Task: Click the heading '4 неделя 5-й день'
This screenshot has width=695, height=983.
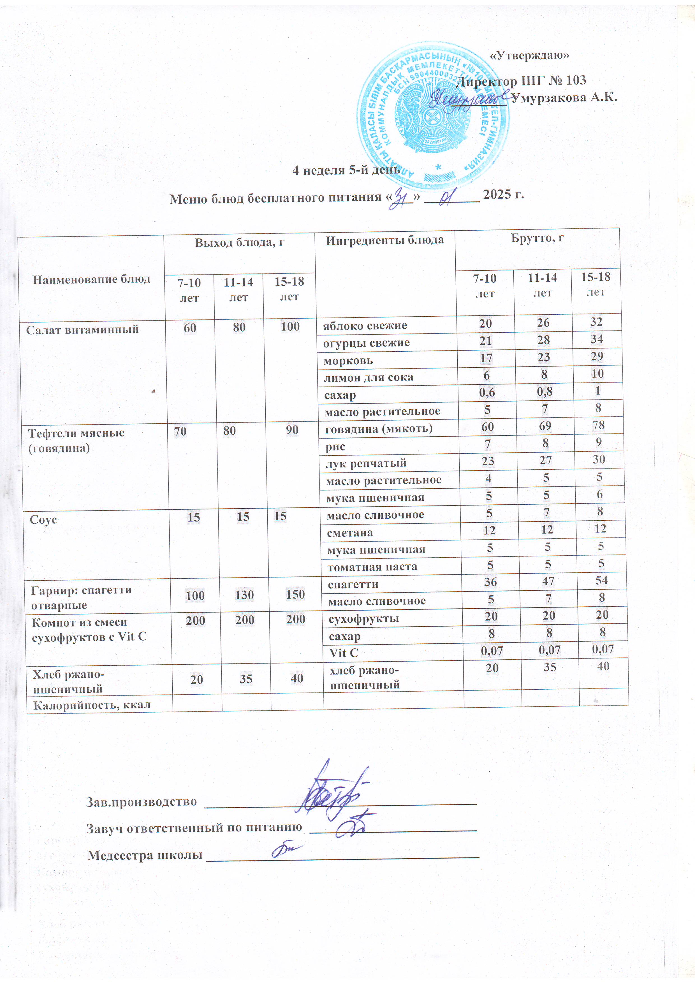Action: point(346,170)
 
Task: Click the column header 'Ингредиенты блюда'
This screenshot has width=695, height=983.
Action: point(384,241)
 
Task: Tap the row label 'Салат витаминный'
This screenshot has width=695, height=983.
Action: point(82,330)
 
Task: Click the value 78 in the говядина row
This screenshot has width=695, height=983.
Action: point(598,425)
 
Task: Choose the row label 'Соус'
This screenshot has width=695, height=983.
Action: point(43,520)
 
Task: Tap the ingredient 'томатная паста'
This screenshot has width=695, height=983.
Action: point(372,567)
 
